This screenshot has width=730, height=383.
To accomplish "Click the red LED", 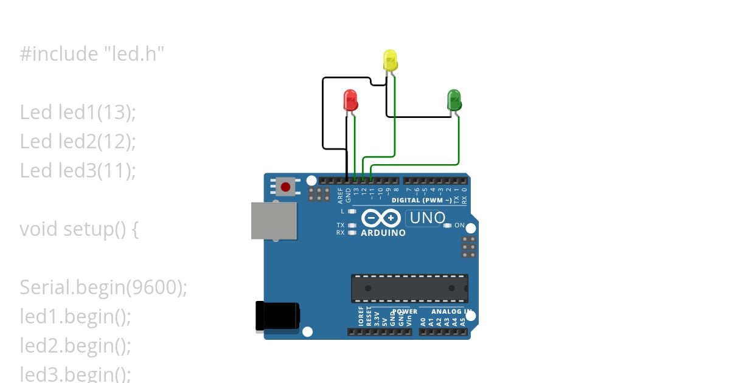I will tap(350, 100).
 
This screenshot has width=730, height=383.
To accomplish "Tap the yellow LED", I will tap(391, 61).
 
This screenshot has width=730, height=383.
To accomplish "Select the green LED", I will tap(454, 99).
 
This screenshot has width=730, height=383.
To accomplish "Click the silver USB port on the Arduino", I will tap(274, 221).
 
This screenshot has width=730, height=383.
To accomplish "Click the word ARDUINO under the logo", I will tap(383, 233).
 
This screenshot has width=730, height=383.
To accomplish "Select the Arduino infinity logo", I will tap(381, 218).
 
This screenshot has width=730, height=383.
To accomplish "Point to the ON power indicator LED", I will tap(448, 226).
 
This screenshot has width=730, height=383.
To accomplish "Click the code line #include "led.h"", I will tap(92, 54).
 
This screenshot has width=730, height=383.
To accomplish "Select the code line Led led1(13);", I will tap(78, 112).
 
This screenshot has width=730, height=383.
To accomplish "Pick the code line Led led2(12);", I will tap(78, 142).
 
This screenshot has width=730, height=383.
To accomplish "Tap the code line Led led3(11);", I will tap(78, 171).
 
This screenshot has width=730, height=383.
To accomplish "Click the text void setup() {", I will tap(79, 229).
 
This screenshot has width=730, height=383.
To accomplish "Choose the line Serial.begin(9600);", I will tap(103, 287).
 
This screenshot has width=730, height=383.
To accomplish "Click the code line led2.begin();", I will tap(75, 345).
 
